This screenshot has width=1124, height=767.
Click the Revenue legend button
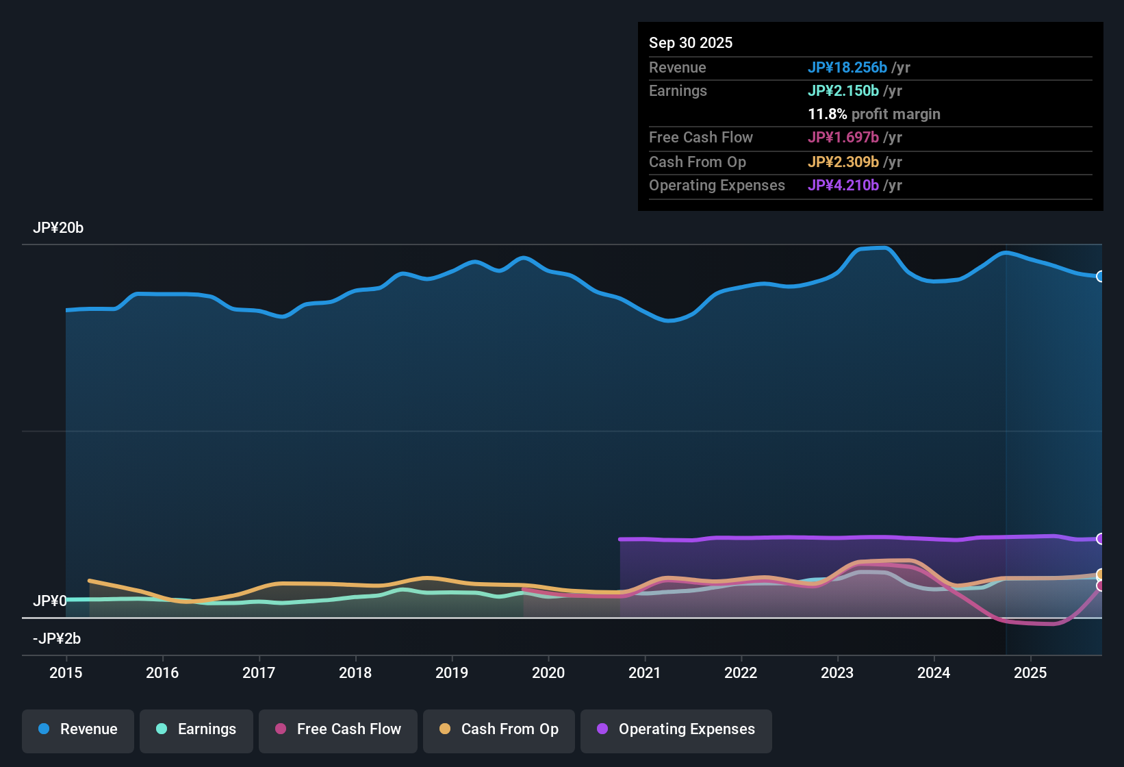click(x=78, y=729)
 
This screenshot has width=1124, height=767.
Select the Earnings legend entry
click(x=196, y=729)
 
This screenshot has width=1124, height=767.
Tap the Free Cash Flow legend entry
click(x=338, y=729)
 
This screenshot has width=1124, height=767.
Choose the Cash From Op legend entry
click(x=499, y=729)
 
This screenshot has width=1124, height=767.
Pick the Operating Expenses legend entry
click(x=676, y=729)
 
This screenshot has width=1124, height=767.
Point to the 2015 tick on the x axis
click(x=66, y=672)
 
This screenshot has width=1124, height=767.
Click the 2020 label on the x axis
click(x=548, y=672)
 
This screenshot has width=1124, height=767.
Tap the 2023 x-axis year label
click(x=837, y=672)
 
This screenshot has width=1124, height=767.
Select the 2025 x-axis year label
click(x=1030, y=672)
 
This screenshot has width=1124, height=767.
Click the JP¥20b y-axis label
click(x=58, y=228)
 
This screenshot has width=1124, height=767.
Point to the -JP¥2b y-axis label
click(x=57, y=639)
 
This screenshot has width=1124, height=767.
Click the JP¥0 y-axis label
click(x=50, y=601)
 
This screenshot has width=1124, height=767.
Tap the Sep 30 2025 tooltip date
click(x=691, y=42)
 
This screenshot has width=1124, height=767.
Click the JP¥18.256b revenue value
click(x=847, y=67)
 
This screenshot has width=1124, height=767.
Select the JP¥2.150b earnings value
click(x=843, y=90)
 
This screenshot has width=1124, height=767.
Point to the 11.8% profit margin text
click(x=874, y=114)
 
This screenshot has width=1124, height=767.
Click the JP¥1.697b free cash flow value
click(x=843, y=137)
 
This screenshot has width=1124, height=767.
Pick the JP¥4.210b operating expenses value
click(x=843, y=185)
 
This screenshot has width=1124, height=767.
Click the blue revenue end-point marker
click(x=1100, y=276)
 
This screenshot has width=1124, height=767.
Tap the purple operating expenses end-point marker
click(x=1100, y=539)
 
